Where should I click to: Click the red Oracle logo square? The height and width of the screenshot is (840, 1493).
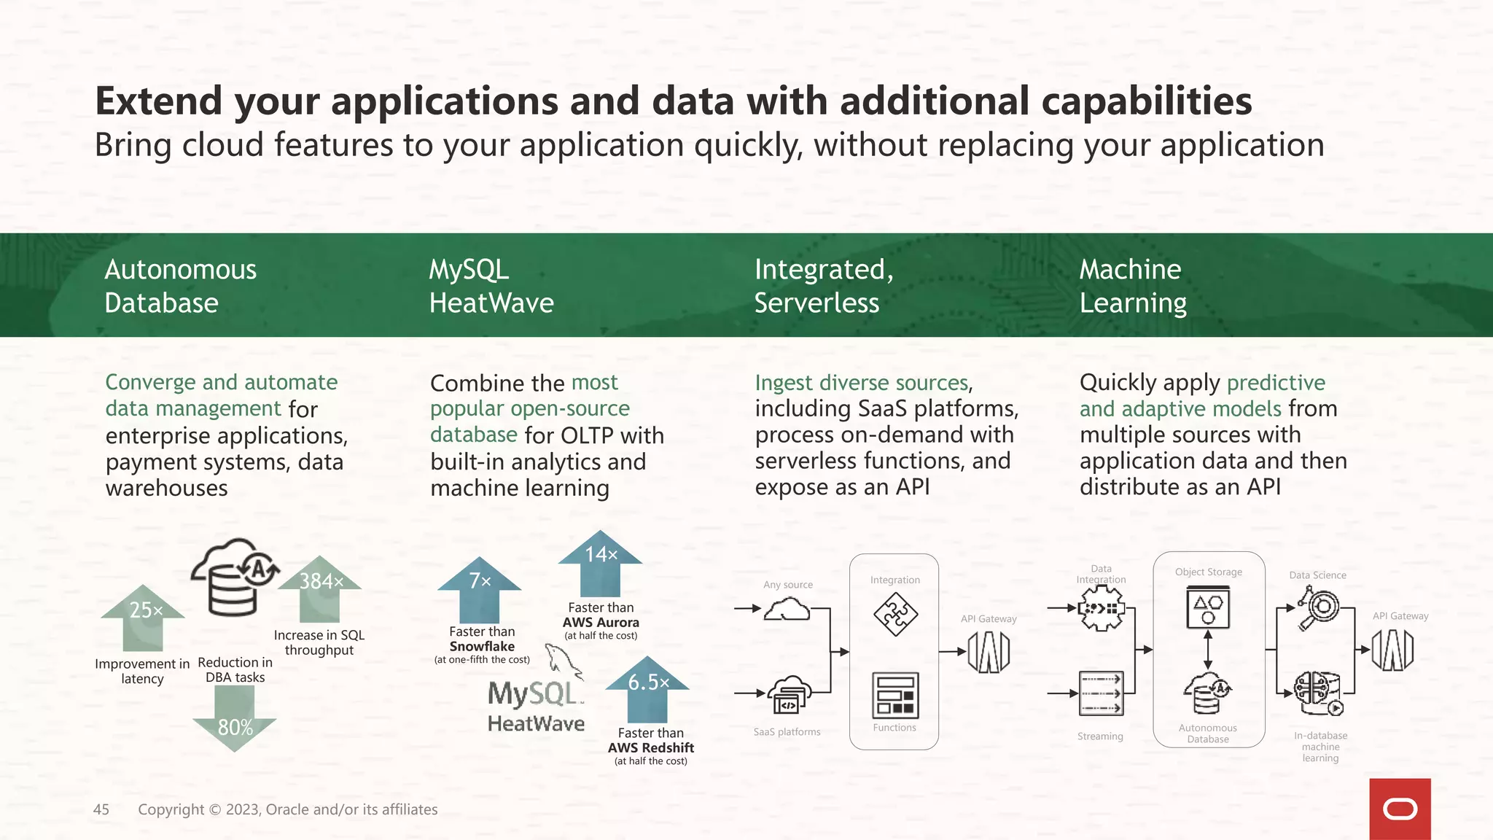(1400, 809)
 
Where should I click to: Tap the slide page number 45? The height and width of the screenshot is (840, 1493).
(101, 809)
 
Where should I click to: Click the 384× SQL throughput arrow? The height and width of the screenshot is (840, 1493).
(319, 588)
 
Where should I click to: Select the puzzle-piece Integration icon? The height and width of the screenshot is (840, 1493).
(894, 614)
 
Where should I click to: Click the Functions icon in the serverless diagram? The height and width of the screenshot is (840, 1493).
(894, 696)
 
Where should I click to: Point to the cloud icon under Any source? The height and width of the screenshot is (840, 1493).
(787, 609)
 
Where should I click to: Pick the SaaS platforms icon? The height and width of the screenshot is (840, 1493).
(789, 695)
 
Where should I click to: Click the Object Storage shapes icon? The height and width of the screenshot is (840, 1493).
(1208, 608)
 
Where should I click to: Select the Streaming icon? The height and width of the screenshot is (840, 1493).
(1101, 693)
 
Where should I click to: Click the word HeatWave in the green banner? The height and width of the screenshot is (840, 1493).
(491, 303)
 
